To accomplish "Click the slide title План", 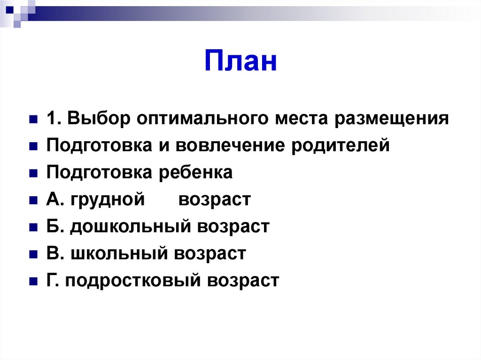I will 240,62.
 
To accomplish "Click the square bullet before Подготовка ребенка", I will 33,174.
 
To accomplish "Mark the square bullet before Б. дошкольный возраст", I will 33,228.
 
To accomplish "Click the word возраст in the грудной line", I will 215,200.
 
